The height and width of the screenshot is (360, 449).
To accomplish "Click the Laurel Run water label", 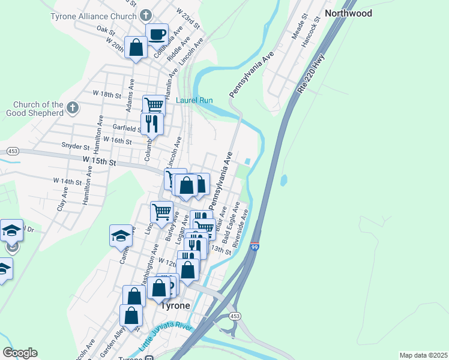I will [x=194, y=100].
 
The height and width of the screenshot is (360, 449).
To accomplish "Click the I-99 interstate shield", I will [x=255, y=246].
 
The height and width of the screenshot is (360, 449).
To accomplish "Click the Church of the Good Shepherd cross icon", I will [x=72, y=109].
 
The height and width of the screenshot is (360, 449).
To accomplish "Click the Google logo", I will [x=20, y=353].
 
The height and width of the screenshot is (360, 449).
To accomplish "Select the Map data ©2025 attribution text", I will [x=423, y=355].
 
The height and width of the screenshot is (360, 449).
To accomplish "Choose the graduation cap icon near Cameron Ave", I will [x=121, y=235].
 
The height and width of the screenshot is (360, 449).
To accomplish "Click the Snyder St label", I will [x=75, y=146].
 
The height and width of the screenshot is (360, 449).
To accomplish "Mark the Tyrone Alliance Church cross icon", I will [x=145, y=14].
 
